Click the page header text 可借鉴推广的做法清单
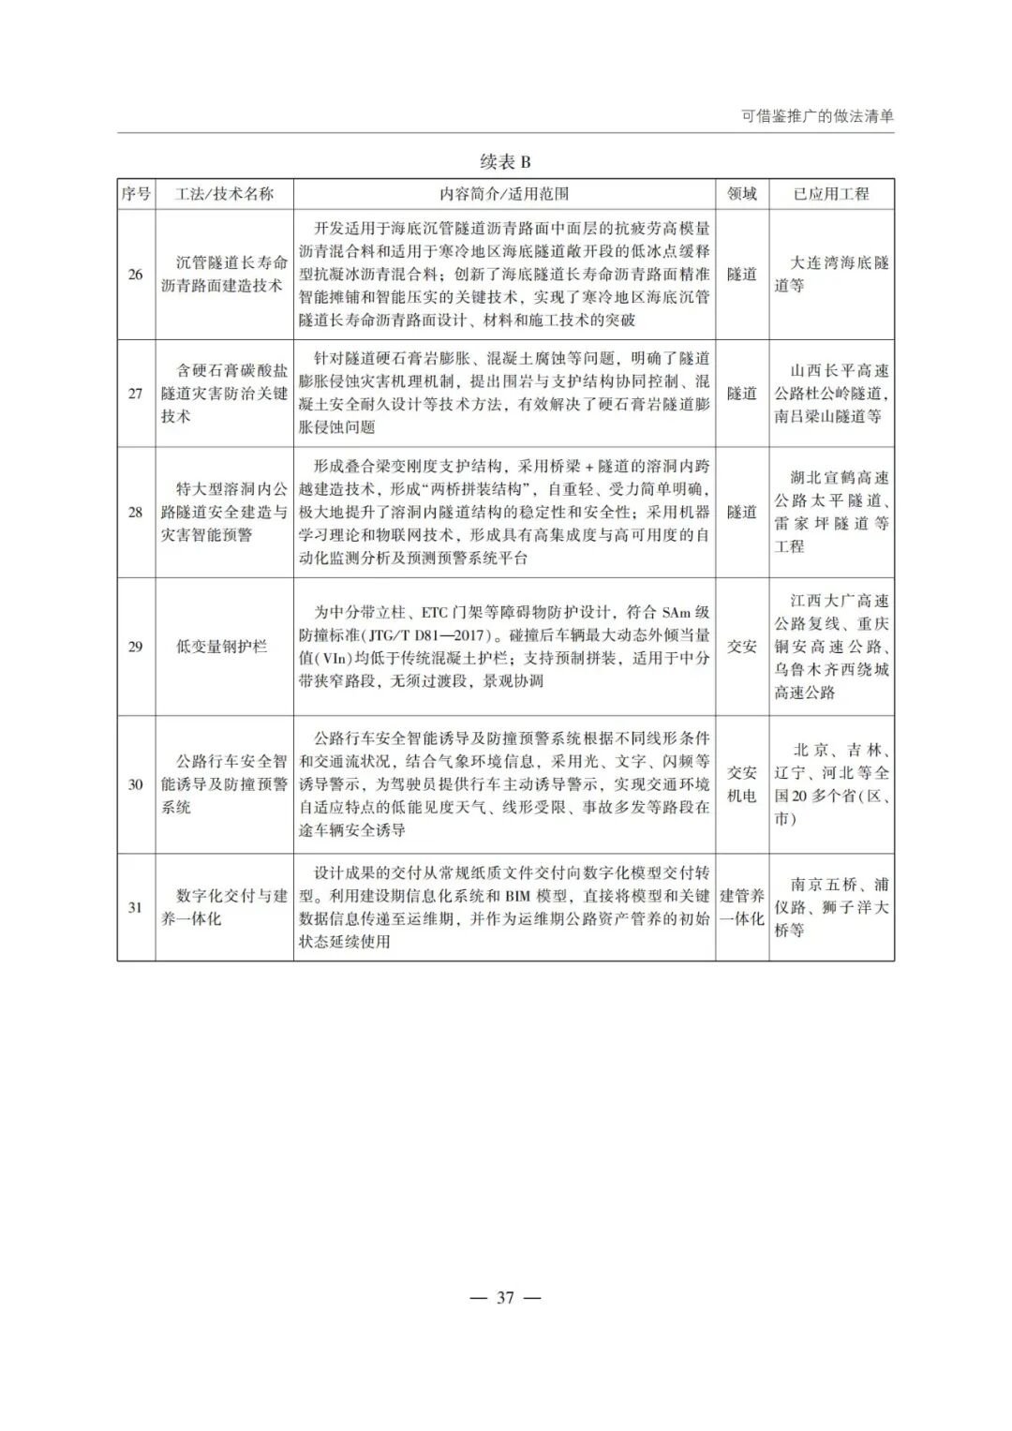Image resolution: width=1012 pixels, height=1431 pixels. (x=817, y=117)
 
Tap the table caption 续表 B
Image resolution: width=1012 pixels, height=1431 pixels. (x=505, y=162)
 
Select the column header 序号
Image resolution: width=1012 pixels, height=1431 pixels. (x=136, y=194)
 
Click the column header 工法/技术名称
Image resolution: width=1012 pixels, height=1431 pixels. (x=224, y=194)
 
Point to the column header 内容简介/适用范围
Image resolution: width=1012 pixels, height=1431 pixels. (x=504, y=194)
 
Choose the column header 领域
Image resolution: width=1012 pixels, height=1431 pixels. (x=741, y=194)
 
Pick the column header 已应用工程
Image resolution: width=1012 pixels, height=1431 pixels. (x=831, y=194)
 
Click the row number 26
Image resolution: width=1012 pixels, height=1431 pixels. (x=136, y=275)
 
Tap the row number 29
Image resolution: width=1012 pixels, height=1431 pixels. (x=136, y=647)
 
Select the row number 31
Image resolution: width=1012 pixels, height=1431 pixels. (x=136, y=907)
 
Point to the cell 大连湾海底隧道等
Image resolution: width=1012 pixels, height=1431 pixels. (x=831, y=275)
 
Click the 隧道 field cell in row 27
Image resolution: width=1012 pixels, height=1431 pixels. (x=741, y=394)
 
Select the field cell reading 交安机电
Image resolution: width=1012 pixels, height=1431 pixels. (x=741, y=784)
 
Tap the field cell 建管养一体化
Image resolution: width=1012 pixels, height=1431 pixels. (x=741, y=907)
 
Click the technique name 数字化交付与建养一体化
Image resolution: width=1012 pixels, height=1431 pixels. (x=224, y=907)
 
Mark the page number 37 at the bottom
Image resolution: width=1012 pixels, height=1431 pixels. (x=505, y=1298)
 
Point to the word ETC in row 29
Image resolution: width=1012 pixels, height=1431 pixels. (x=436, y=613)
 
